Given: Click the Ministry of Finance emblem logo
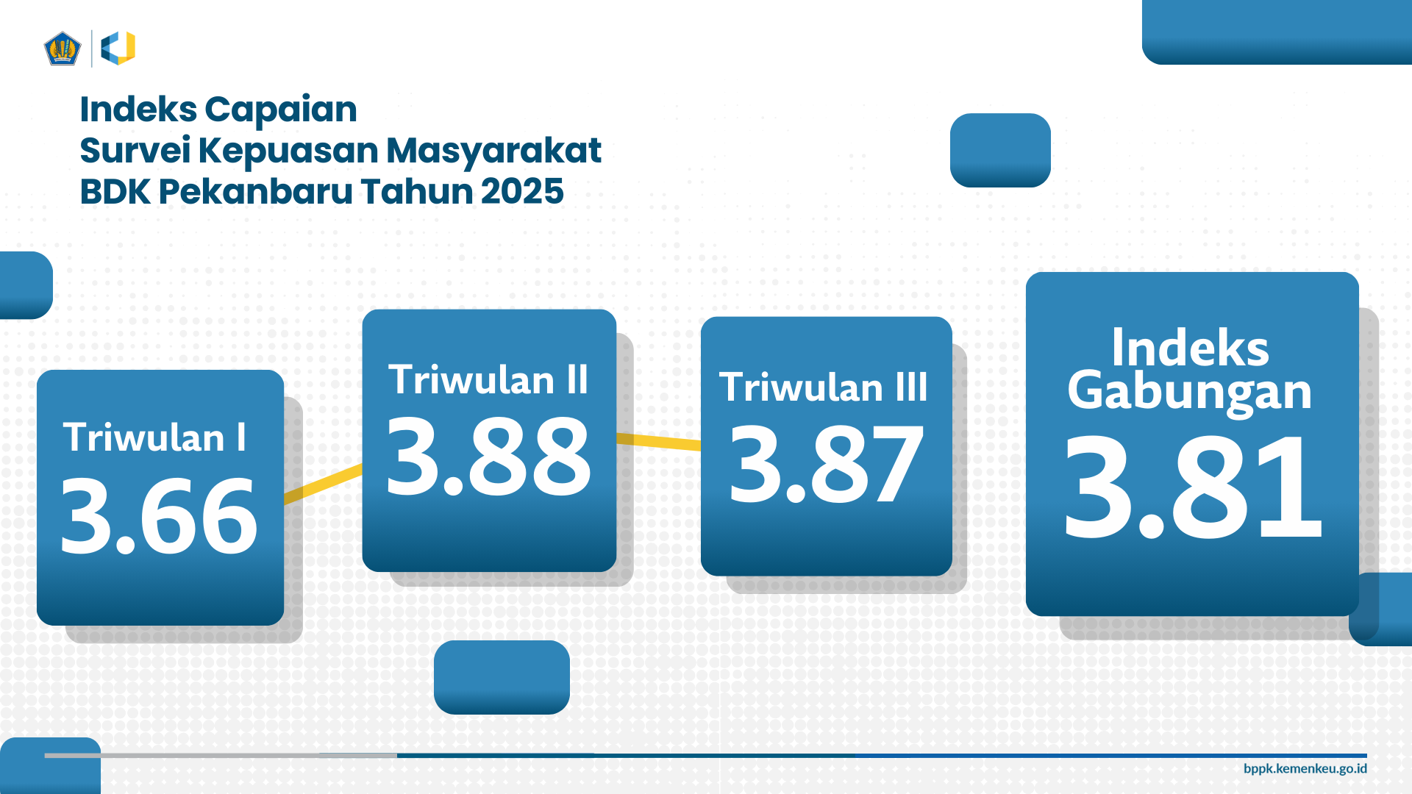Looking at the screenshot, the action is click(x=62, y=49).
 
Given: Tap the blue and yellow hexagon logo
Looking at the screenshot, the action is click(x=118, y=49).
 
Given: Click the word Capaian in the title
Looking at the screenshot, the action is click(x=281, y=110).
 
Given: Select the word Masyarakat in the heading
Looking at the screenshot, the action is click(x=493, y=151).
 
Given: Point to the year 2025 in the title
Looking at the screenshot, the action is click(x=522, y=191).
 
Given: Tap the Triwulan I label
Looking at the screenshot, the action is click(x=154, y=437).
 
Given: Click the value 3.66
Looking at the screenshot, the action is click(x=159, y=515).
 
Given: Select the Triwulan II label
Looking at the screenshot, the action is click(x=488, y=379).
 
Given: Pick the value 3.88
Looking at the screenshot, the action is click(x=488, y=456).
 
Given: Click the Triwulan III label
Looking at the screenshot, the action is click(x=824, y=387).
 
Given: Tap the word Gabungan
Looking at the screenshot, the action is click(x=1190, y=392).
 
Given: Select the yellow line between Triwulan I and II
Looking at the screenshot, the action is click(x=323, y=484).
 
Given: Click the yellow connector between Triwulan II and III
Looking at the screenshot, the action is click(x=659, y=441).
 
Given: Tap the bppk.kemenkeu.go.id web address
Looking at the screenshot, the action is click(x=1305, y=768).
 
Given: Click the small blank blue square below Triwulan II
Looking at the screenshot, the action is click(x=502, y=677).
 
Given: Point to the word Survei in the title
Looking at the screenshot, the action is click(x=135, y=151).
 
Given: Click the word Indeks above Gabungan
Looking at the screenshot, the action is click(x=1190, y=348).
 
